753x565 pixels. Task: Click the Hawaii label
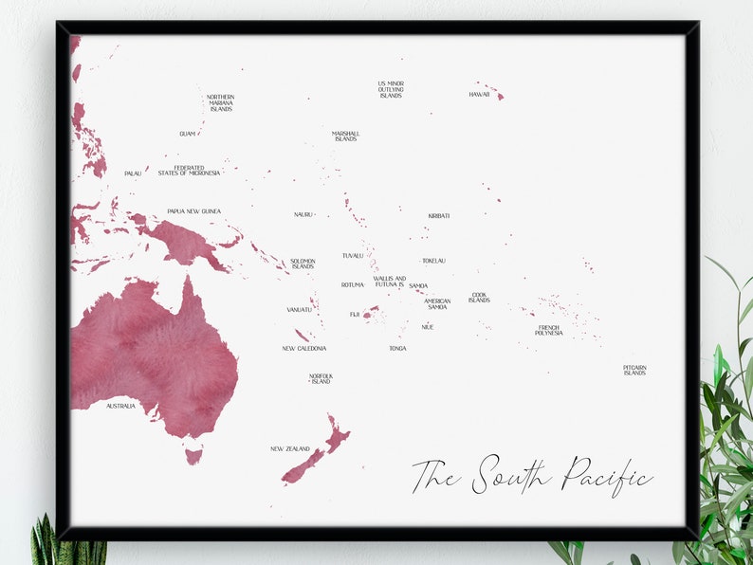[x=479, y=95]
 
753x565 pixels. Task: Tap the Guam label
[x=187, y=134]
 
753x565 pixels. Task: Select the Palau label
[x=133, y=173]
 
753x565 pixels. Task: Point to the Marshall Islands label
[x=345, y=137]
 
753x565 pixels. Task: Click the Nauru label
[x=303, y=214]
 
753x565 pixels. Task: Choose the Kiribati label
[x=438, y=216]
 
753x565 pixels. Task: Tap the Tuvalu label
[x=353, y=255]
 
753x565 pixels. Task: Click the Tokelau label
[x=433, y=261]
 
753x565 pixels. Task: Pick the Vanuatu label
[x=299, y=309]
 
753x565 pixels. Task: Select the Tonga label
[x=397, y=348]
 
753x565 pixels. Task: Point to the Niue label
[x=428, y=327]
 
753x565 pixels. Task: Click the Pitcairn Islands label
[x=634, y=370]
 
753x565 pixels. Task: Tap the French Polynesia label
[x=548, y=331]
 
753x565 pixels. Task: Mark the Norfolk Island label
[x=321, y=379]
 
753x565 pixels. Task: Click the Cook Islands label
[x=479, y=298]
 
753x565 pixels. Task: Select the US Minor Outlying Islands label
[x=391, y=89]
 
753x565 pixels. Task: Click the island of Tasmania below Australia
[x=193, y=456]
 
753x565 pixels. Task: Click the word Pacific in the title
[x=606, y=475]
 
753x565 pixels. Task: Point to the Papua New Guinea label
[x=193, y=211]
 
